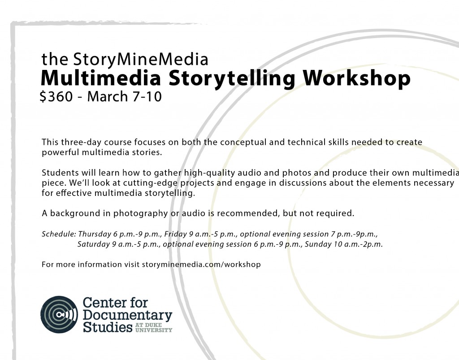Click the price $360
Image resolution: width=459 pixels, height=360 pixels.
coord(56,96)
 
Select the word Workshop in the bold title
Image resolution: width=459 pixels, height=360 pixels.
coord(356,78)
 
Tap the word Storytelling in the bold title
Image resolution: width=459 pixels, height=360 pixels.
coord(232,79)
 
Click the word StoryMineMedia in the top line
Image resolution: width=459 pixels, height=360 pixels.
coord(141,60)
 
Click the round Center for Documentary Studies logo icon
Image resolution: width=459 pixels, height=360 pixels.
coord(59,314)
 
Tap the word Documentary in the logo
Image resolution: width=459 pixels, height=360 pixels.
coord(127,315)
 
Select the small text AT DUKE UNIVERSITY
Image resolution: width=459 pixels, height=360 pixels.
coord(154,328)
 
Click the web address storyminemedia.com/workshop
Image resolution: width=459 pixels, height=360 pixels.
coord(201,265)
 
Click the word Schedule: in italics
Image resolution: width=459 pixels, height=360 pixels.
coord(59,234)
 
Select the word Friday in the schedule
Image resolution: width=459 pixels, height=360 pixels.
coord(175,234)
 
